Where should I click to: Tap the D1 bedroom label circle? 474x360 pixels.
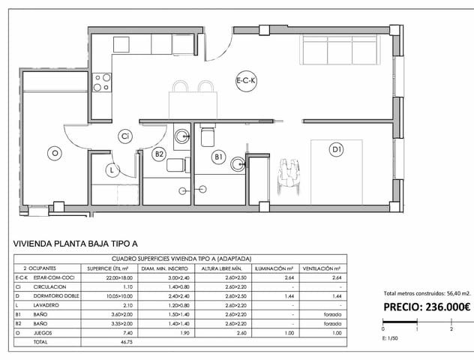337,150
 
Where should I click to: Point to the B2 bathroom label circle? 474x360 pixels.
159,154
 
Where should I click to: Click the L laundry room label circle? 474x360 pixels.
111,170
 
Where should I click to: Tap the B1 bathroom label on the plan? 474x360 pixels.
219,157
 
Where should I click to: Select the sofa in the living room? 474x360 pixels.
337,50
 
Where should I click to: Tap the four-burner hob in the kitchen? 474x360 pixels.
101,82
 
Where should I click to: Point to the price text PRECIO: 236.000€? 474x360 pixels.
426,306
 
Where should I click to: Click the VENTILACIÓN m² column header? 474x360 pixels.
322,268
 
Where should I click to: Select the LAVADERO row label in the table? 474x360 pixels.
46,305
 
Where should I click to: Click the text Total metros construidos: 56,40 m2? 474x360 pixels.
426,293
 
